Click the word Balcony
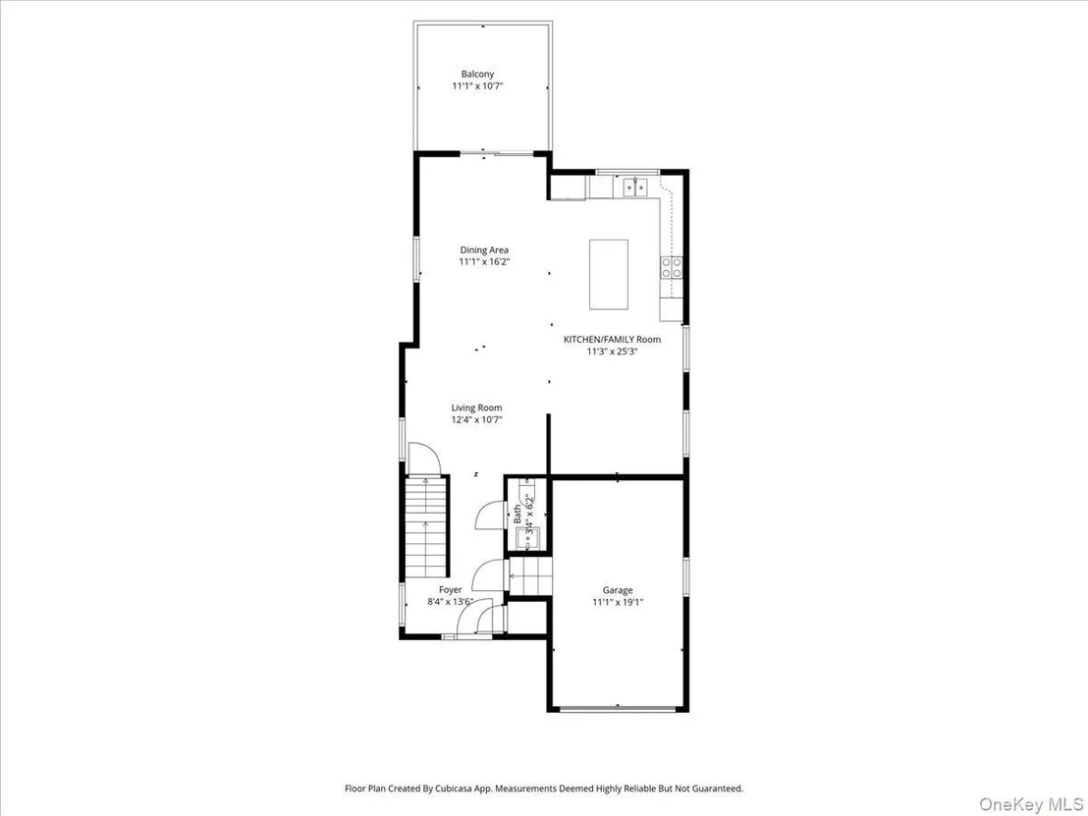click(x=477, y=75)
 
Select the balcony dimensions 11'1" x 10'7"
click(x=477, y=86)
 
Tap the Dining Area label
click(x=484, y=249)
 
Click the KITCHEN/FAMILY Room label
click(x=612, y=340)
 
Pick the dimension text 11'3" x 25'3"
click(x=612, y=352)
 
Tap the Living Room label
click(x=476, y=408)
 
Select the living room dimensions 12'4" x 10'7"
click(x=476, y=420)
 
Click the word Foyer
click(x=451, y=590)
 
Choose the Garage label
click(x=618, y=590)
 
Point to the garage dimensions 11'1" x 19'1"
click(x=618, y=603)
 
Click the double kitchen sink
click(x=635, y=186)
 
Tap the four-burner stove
click(x=672, y=268)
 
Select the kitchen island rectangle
click(x=609, y=274)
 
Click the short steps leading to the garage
click(x=529, y=576)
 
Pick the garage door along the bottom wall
click(x=618, y=709)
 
